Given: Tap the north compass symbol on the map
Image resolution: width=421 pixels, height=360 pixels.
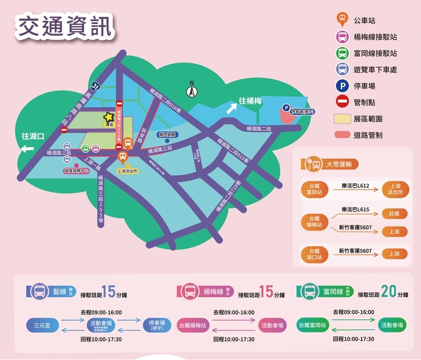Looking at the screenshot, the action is click(x=191, y=91).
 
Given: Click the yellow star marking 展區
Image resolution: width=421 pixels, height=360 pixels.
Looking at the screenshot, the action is click(x=109, y=117).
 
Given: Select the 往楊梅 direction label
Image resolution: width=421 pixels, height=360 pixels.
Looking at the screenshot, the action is click(x=250, y=101).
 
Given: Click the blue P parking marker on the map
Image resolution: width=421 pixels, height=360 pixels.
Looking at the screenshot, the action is click(x=286, y=107).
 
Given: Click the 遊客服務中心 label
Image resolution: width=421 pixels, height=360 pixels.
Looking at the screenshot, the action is click(x=77, y=171).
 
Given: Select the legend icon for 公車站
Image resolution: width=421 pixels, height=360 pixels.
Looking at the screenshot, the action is click(x=342, y=21).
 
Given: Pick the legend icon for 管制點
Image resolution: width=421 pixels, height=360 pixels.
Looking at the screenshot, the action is click(x=342, y=102).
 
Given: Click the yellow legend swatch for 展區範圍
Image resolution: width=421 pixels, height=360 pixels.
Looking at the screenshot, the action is click(x=342, y=118).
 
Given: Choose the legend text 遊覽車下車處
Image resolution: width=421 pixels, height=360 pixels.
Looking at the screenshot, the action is click(x=375, y=70).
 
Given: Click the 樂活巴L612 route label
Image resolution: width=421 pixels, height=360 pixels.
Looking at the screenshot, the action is click(x=355, y=186).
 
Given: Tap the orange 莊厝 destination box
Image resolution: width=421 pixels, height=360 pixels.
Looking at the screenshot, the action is click(x=394, y=213).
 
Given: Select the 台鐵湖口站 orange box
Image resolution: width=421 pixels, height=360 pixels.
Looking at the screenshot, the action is click(x=314, y=254).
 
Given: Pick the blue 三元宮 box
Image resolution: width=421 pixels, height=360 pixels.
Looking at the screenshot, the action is click(x=43, y=325).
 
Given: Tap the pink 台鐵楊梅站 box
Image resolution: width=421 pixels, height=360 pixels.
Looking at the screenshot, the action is click(x=193, y=325).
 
